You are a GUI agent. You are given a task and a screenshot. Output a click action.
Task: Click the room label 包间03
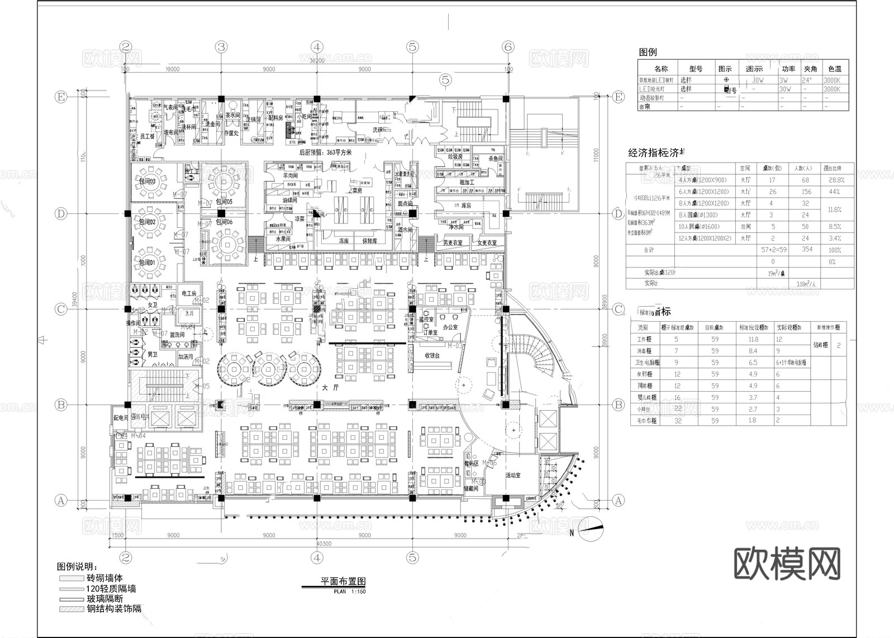[148, 182]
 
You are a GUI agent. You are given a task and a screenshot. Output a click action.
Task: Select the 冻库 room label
[343, 241]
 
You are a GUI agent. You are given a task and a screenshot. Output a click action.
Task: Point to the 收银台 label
[432, 355]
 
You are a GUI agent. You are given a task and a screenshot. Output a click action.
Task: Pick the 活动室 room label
[513, 475]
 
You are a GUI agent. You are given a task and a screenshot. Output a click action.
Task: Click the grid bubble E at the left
[60, 97]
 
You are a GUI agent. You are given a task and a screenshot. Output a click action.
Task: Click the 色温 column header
[835, 69]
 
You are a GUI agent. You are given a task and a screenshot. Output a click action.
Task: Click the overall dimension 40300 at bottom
[324, 544]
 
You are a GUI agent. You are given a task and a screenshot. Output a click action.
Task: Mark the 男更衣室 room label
[453, 243]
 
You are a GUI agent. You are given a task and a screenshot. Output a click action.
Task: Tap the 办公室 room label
[450, 327]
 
